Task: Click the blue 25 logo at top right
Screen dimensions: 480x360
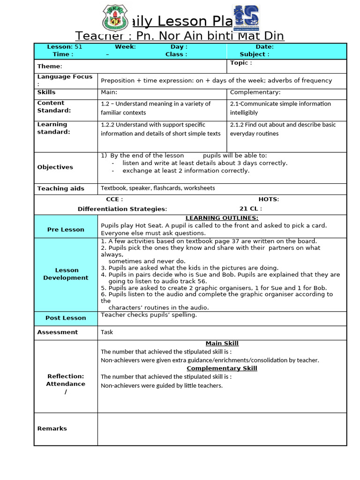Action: pyautogui.click(x=246, y=18)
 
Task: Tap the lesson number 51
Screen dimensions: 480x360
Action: pyautogui.click(x=78, y=47)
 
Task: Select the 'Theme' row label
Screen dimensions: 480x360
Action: pyautogui.click(x=50, y=67)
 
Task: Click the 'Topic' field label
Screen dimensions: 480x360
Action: pyautogui.click(x=241, y=63)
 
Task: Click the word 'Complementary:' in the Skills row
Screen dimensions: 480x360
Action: pyautogui.click(x=255, y=92)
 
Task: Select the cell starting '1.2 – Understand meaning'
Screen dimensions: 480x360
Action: pyautogui.click(x=156, y=108)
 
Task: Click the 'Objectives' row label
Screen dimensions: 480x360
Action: pyautogui.click(x=55, y=167)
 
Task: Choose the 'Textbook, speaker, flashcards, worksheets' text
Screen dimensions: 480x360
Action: pyautogui.click(x=158, y=188)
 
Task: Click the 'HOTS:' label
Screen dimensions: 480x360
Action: pyautogui.click(x=269, y=199)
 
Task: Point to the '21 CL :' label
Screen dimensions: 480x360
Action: pyautogui.click(x=251, y=209)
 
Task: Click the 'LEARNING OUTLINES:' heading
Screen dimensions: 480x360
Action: pyautogui.click(x=222, y=218)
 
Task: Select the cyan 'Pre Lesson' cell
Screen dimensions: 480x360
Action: pyautogui.click(x=66, y=230)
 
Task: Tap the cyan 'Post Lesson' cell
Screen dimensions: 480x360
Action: pyautogui.click(x=66, y=318)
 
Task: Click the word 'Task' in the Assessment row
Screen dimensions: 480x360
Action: pyautogui.click(x=107, y=332)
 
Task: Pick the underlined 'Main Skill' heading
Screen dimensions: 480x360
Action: pyautogui.click(x=222, y=344)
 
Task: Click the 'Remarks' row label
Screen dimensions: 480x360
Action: pyautogui.click(x=52, y=428)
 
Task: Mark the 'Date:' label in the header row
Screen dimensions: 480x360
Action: pyautogui.click(x=264, y=47)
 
